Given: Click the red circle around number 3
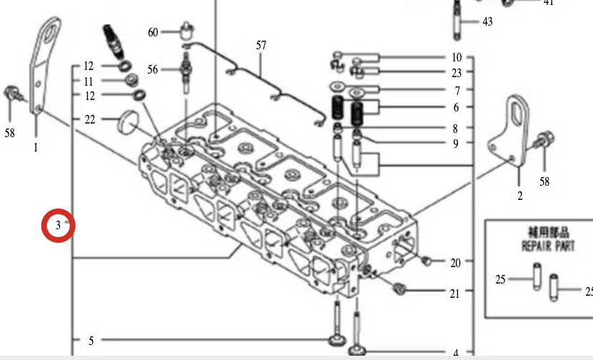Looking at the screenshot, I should pyautogui.click(x=58, y=226).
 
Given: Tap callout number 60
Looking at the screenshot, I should pyautogui.click(x=153, y=32).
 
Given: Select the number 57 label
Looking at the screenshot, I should pyautogui.click(x=261, y=46).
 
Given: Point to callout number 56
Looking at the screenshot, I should pyautogui.click(x=153, y=69).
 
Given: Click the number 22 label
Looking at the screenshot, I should pyautogui.click(x=89, y=119).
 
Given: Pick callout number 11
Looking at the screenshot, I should pyautogui.click(x=89, y=81).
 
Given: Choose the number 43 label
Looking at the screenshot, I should pyautogui.click(x=487, y=22).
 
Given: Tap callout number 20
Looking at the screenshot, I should pyautogui.click(x=456, y=263).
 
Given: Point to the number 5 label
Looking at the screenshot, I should pyautogui.click(x=91, y=341).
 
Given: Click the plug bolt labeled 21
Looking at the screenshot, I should pyautogui.click(x=400, y=289).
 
